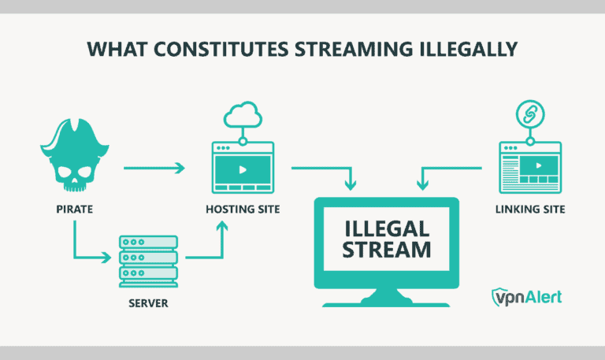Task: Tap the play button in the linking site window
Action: pyautogui.click(x=537, y=166)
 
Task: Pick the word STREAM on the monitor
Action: pyautogui.click(x=386, y=251)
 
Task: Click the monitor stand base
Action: pyautogui.click(x=386, y=302)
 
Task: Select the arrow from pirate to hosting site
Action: pyautogui.click(x=154, y=167)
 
